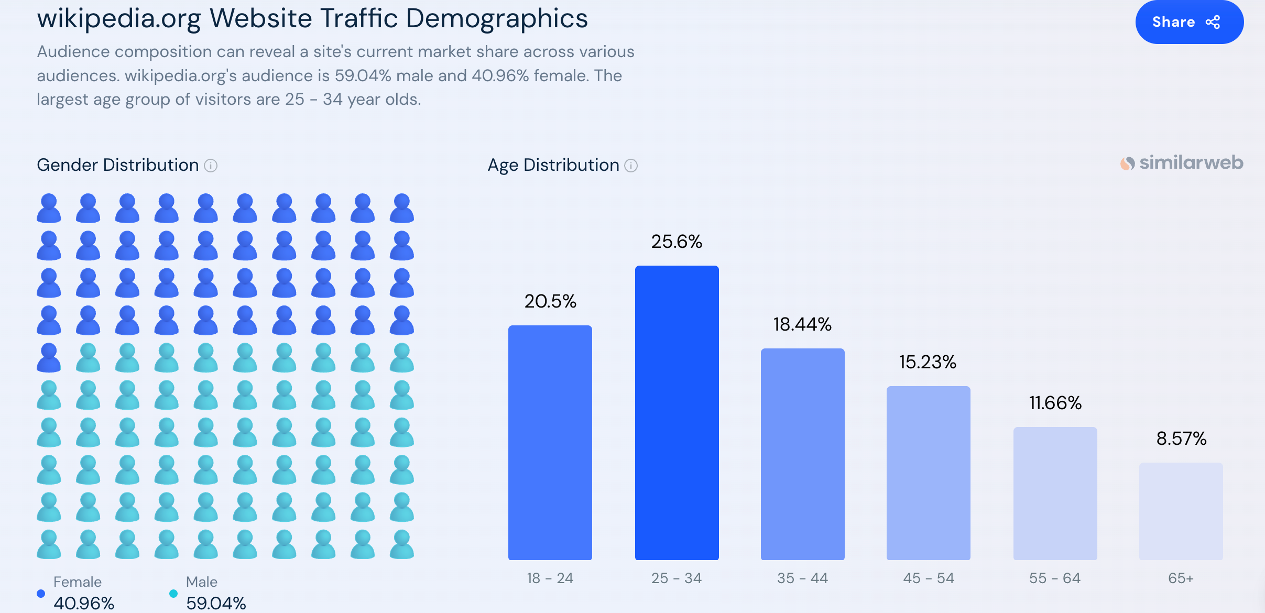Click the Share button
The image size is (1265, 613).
pyautogui.click(x=1189, y=22)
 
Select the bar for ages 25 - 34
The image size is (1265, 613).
pyautogui.click(x=677, y=413)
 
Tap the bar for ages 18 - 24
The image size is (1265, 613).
pyautogui.click(x=550, y=443)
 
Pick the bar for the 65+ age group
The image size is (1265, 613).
pyautogui.click(x=1181, y=511)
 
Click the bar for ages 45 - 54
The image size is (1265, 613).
pyautogui.click(x=928, y=473)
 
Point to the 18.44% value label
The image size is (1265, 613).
pyautogui.click(x=802, y=324)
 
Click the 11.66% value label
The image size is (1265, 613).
pyautogui.click(x=1055, y=403)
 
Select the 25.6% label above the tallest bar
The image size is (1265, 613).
pyautogui.click(x=677, y=242)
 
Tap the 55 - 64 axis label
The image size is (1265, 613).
pyautogui.click(x=1055, y=578)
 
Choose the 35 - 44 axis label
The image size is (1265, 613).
pyautogui.click(x=802, y=578)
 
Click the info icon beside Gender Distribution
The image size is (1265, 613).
pyautogui.click(x=211, y=166)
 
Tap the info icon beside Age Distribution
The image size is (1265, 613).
pyautogui.click(x=631, y=166)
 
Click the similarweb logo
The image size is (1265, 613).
pyautogui.click(x=1182, y=163)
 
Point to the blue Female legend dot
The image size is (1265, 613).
pyautogui.click(x=41, y=594)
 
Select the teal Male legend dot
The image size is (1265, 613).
pyautogui.click(x=173, y=594)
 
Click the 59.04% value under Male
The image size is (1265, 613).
pyautogui.click(x=216, y=603)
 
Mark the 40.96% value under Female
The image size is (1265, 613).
pyautogui.click(x=84, y=603)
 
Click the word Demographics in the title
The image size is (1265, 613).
pyautogui.click(x=497, y=19)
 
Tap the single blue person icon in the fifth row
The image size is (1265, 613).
pyautogui.click(x=49, y=358)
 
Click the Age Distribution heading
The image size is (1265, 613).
pyautogui.click(x=553, y=165)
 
